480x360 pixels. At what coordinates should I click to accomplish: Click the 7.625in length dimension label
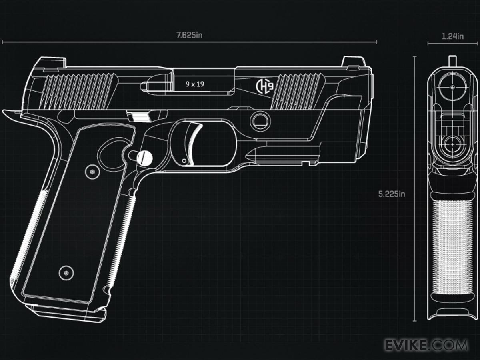point(190,35)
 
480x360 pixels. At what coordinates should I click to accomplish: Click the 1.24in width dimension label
point(452,36)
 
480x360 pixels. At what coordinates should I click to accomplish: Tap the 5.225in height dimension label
point(392,194)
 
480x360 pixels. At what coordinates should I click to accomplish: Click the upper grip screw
point(92,172)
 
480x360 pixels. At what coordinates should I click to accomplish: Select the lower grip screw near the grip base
point(66,273)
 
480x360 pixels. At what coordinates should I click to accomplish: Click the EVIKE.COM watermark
point(426,344)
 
